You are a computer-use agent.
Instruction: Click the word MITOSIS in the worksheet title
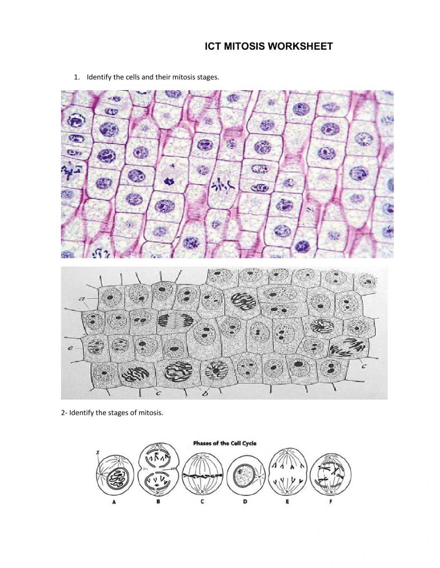click(244, 46)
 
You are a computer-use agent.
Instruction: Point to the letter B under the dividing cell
click(158, 502)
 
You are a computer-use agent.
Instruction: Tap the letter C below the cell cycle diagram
click(202, 502)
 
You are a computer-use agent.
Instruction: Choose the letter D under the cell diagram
click(245, 502)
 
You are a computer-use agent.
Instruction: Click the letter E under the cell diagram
click(287, 502)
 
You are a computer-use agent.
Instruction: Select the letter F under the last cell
click(330, 502)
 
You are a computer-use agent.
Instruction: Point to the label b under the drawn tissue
click(205, 394)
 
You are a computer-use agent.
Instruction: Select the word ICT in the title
click(214, 46)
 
